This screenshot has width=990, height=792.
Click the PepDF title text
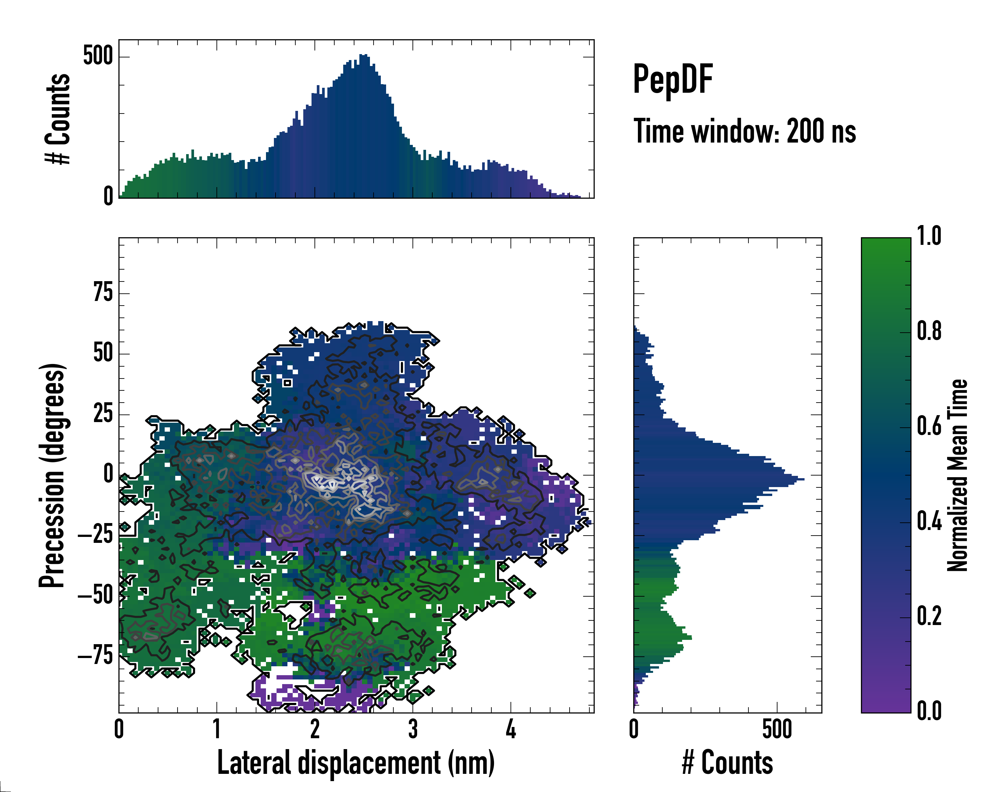click(672, 80)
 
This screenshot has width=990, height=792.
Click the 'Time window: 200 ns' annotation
click(744, 131)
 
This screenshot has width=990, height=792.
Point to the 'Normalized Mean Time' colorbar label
click(957, 475)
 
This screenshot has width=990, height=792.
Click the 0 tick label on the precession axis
click(108, 474)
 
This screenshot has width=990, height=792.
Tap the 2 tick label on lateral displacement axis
click(314, 729)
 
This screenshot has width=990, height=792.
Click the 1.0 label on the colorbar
click(929, 237)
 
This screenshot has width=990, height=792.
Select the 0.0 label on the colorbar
click(929, 711)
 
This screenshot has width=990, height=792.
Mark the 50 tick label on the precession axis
click(103, 353)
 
